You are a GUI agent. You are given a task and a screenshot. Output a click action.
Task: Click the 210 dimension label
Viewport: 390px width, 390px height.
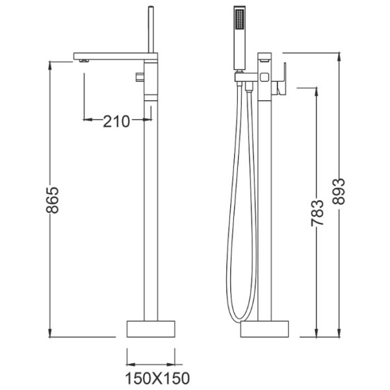(x=116, y=122)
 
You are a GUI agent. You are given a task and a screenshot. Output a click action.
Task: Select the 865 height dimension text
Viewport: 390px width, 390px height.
(x=53, y=200)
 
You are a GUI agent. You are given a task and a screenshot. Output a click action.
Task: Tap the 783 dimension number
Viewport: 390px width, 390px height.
(x=317, y=213)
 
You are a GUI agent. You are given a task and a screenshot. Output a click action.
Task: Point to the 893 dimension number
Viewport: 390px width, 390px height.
(x=339, y=192)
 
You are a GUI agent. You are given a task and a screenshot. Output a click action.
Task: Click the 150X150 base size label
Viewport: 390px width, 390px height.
(x=157, y=378)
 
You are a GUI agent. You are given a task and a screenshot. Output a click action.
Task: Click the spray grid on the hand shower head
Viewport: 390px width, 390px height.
(x=240, y=19)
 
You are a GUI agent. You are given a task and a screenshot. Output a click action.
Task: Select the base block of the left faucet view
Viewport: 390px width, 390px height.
(x=151, y=329)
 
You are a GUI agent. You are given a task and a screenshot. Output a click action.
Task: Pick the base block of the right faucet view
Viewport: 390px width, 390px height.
(x=265, y=329)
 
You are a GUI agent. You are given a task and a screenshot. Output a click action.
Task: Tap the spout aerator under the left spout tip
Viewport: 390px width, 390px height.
(x=84, y=61)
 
